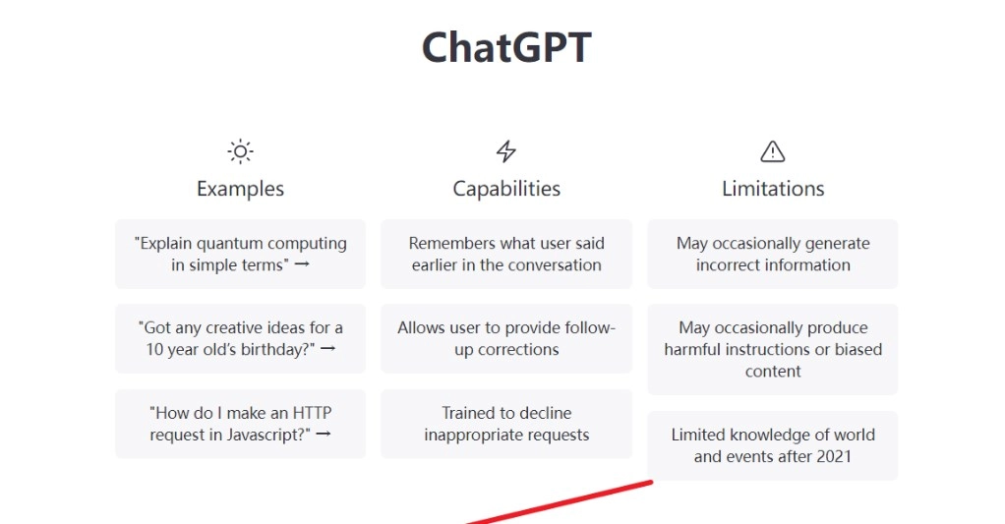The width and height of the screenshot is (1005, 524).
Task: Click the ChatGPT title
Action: (506, 48)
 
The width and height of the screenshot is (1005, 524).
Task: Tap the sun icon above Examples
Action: (240, 151)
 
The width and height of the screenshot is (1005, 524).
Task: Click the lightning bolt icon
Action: (506, 151)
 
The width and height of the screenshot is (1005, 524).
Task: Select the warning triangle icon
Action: (772, 151)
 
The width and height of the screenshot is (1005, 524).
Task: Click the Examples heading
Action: (240, 189)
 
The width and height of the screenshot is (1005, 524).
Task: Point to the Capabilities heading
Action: (506, 189)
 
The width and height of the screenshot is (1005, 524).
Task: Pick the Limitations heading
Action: (773, 189)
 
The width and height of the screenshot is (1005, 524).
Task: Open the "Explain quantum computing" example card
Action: (240, 254)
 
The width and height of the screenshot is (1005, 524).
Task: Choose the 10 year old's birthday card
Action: (240, 338)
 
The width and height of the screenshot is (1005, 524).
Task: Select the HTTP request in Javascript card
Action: (240, 424)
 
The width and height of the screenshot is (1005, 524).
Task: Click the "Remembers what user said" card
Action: (506, 254)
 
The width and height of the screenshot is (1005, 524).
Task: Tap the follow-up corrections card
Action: (506, 338)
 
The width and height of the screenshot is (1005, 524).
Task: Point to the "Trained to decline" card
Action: (506, 424)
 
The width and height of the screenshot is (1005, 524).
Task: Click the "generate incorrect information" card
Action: (772, 254)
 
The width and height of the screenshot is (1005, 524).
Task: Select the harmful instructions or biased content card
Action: (772, 349)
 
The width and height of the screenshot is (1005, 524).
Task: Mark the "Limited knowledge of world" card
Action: (772, 445)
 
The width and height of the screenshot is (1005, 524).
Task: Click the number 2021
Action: (832, 457)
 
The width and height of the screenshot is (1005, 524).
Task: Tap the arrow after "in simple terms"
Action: (302, 263)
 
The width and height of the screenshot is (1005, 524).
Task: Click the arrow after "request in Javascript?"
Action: (324, 434)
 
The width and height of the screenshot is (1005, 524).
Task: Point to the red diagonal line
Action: (560, 502)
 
